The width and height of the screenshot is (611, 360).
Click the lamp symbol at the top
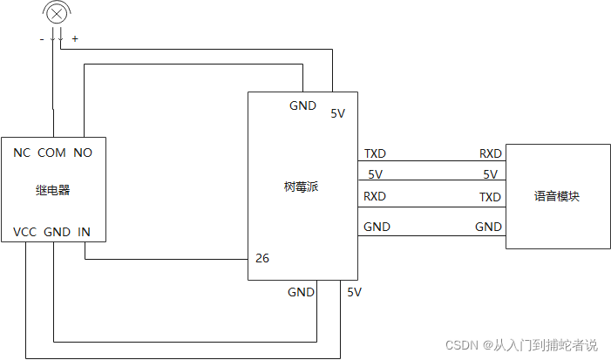tap(58, 13)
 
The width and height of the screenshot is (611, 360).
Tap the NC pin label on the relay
tap(22, 153)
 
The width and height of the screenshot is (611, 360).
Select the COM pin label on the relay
tap(51, 153)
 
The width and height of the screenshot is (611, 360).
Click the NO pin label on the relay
tap(83, 153)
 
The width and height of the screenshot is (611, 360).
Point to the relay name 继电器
tap(52, 189)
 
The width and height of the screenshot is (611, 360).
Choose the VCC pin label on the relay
tap(24, 232)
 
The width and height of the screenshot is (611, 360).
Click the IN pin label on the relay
tap(84, 232)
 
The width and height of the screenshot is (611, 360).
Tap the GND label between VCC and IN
tap(57, 232)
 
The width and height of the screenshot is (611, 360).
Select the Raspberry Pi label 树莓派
tap(302, 187)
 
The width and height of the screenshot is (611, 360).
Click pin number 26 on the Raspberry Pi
tap(261, 259)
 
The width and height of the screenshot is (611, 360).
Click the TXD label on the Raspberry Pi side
tap(376, 153)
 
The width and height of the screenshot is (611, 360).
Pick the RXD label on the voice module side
tap(490, 153)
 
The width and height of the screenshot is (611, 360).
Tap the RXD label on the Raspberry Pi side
tap(375, 196)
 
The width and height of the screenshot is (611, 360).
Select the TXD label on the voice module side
tap(490, 197)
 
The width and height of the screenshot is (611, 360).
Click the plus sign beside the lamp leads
tap(74, 39)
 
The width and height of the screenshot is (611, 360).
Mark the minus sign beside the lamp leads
tap(41, 39)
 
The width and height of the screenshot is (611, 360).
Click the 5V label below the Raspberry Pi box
tap(354, 292)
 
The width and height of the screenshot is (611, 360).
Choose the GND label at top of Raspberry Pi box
tap(302, 105)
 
